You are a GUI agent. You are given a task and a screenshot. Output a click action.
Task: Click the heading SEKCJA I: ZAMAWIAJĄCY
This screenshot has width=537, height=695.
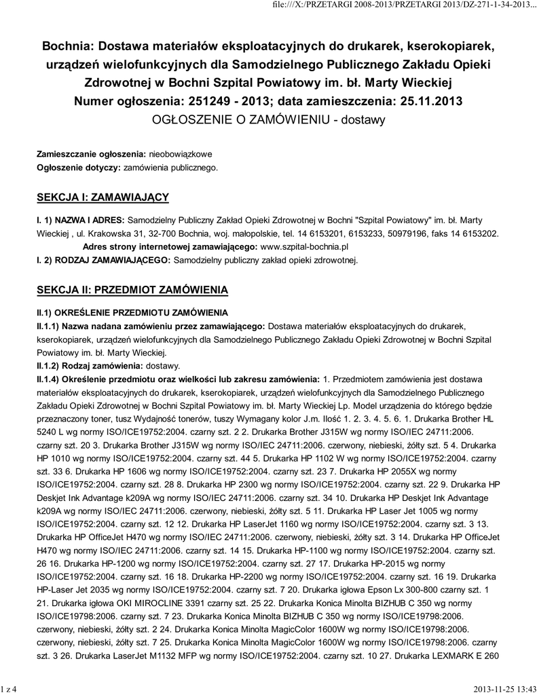(102, 197)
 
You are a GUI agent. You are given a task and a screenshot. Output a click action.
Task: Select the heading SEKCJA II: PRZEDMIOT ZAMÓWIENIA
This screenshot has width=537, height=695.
(132, 290)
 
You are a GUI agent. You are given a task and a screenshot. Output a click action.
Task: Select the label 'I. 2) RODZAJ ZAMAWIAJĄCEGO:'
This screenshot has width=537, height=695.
(105, 259)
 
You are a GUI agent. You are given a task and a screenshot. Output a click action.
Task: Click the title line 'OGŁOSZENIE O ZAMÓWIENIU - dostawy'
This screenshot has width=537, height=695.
(269, 120)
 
